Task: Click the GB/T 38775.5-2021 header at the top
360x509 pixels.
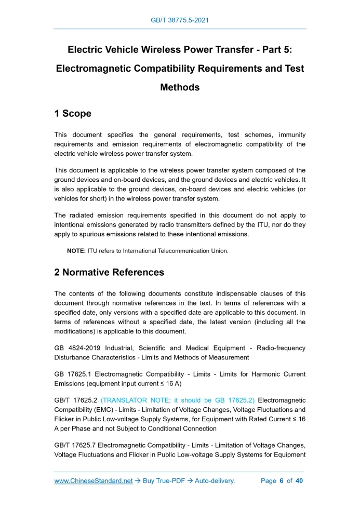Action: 180,20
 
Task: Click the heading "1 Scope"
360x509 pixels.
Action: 73,113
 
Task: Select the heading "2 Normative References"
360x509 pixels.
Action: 109,272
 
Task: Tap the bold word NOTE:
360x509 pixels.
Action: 76,251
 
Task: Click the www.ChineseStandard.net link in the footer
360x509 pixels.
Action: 94,481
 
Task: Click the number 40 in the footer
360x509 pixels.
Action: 299,481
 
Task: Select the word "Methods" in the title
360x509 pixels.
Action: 180,87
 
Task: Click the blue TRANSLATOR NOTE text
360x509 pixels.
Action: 178,400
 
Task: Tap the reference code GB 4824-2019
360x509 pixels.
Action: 77,348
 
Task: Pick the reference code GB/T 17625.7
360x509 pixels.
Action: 75,445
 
